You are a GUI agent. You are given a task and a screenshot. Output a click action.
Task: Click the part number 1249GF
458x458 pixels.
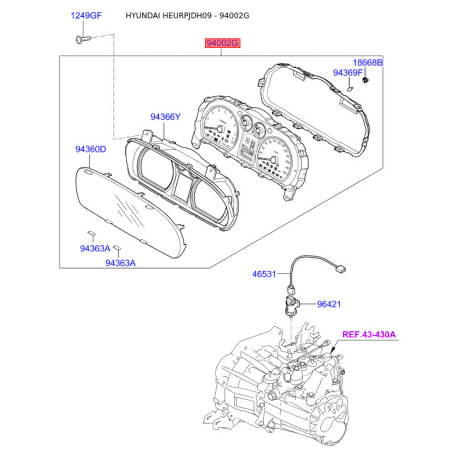[x=86, y=15]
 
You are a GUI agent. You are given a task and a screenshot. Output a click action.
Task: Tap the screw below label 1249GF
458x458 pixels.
[x=83, y=39]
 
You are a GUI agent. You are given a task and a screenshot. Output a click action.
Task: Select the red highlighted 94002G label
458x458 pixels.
[x=222, y=43]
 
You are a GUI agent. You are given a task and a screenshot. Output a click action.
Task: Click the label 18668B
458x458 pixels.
[x=368, y=62]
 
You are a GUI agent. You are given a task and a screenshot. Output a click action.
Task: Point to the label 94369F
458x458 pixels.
[x=348, y=72]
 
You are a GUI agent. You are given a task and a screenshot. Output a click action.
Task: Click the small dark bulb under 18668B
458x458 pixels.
[x=365, y=80]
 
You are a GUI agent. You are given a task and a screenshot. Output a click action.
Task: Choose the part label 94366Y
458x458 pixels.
[x=165, y=117]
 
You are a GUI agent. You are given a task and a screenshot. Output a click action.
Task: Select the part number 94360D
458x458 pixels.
[x=91, y=149]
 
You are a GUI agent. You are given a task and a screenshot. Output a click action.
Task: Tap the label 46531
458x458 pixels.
[x=264, y=274]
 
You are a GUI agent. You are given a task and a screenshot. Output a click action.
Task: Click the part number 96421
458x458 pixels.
[x=329, y=304]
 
